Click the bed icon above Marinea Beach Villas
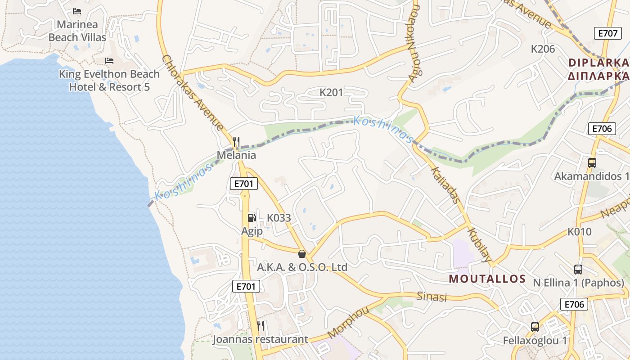click(x=77, y=11)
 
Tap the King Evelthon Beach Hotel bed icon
click(x=109, y=61)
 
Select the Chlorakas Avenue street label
click(x=192, y=93)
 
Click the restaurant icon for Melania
click(x=236, y=142)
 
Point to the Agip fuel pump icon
click(x=252, y=218)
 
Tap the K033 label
click(x=279, y=218)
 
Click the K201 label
click(x=331, y=93)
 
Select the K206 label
click(x=543, y=49)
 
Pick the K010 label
click(x=579, y=232)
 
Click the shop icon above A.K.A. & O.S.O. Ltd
click(x=302, y=254)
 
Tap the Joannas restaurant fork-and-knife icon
click(x=261, y=325)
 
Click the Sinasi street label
click(x=432, y=297)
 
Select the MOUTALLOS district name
click(x=487, y=279)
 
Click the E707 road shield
click(x=607, y=33)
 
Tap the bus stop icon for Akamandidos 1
click(x=592, y=163)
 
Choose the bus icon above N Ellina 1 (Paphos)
click(x=578, y=270)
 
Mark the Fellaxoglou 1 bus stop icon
click(x=535, y=327)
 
